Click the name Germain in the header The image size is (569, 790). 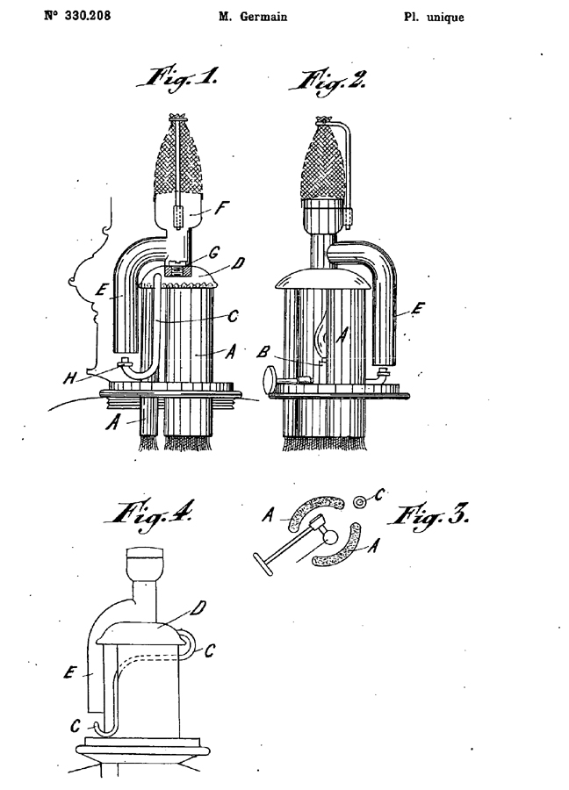263,18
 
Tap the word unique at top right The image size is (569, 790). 445,18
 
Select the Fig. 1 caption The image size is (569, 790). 178,80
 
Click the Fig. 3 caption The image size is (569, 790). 429,516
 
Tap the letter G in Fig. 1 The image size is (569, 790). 214,253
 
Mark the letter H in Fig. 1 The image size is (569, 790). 70,377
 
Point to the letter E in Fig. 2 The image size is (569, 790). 417,308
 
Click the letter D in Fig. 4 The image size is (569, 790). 198,608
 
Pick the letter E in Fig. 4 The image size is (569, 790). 70,672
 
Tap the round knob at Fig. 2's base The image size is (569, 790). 270,377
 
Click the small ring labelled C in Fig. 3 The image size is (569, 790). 359,502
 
